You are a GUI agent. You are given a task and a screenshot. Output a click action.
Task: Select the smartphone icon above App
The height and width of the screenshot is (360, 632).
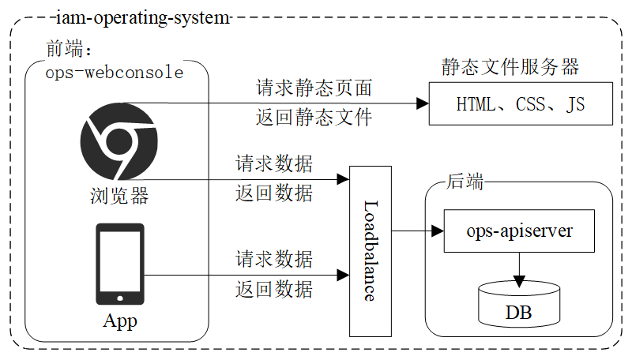pyautogui.click(x=120, y=264)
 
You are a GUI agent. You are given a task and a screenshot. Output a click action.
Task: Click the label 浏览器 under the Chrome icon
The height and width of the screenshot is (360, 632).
pyautogui.click(x=119, y=196)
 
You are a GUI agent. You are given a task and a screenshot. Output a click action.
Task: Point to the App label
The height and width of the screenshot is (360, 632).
pyautogui.click(x=120, y=321)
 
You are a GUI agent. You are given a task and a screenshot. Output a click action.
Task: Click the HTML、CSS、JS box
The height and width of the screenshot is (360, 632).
pyautogui.click(x=521, y=104)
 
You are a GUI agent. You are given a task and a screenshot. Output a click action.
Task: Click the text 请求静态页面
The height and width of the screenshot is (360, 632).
pyautogui.click(x=314, y=88)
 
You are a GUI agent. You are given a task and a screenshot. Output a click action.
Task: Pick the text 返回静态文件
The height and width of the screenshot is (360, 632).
pyautogui.click(x=314, y=118)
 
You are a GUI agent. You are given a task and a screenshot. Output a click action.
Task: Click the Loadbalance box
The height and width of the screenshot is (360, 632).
pyautogui.click(x=371, y=250)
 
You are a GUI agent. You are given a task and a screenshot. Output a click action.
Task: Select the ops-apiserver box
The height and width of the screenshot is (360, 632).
pyautogui.click(x=519, y=231)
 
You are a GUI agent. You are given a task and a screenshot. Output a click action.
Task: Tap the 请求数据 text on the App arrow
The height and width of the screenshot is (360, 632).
pyautogui.click(x=274, y=258)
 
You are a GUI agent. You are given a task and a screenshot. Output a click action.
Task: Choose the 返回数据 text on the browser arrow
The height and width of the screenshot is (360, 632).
pyautogui.click(x=274, y=193)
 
